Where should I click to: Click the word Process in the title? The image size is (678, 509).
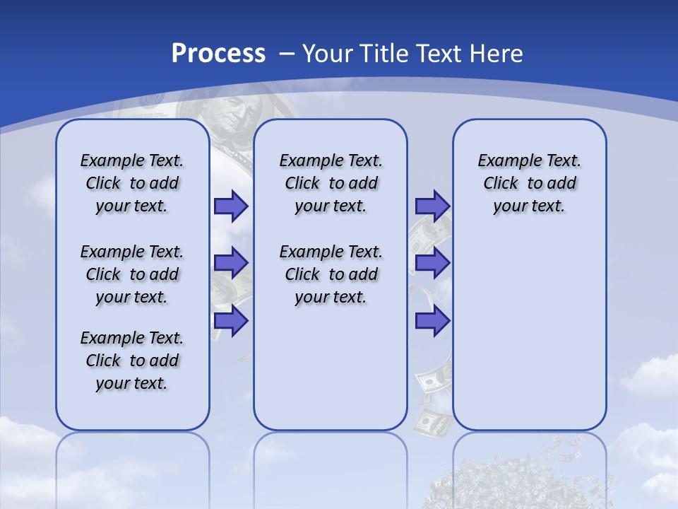click(x=218, y=53)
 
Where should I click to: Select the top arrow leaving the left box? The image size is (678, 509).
click(x=231, y=206)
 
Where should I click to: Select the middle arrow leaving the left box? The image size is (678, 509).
click(x=231, y=263)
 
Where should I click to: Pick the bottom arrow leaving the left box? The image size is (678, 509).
click(x=231, y=321)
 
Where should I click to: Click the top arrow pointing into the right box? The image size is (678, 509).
click(x=432, y=206)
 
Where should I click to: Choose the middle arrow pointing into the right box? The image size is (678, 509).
click(x=432, y=263)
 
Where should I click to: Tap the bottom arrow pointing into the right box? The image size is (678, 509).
click(x=432, y=321)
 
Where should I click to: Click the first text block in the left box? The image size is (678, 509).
click(x=132, y=183)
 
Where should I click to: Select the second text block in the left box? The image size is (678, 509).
click(x=132, y=274)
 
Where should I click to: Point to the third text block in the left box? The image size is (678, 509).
click(x=132, y=361)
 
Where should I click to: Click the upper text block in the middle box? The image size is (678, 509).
click(x=331, y=183)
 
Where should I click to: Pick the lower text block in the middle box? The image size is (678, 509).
click(x=331, y=274)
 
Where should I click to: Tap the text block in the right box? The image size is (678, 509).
click(x=529, y=183)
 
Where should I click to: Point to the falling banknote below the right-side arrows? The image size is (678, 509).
click(x=432, y=378)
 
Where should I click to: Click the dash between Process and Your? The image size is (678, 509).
click(x=286, y=53)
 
